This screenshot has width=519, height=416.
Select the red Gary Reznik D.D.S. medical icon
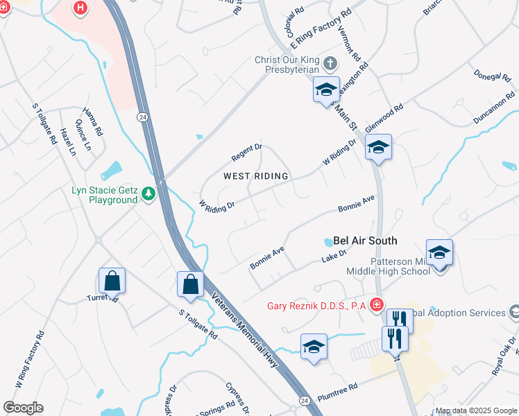coord(376,304)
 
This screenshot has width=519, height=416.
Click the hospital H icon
coord(80,8)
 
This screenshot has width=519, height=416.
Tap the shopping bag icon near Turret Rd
coord(112,281)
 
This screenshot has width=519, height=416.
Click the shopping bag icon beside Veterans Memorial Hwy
coord(189,284)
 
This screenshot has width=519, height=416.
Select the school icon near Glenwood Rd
coord(378,148)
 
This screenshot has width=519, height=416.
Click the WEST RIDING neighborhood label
coord(255,176)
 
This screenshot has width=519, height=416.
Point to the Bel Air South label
coord(365,241)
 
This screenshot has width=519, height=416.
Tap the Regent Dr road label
coord(247,148)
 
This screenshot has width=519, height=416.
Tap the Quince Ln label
coord(87,136)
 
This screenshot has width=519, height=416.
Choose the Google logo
coord(23,408)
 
